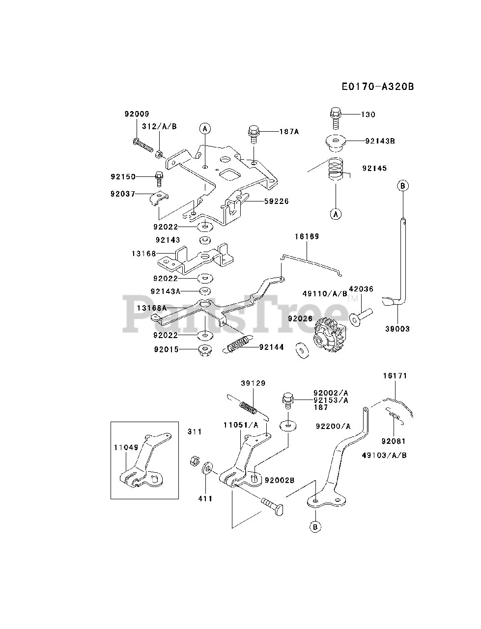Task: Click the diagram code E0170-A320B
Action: [x=377, y=87]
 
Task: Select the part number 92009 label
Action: [x=137, y=114]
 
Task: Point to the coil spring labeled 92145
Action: [x=336, y=170]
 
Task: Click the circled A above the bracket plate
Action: [x=205, y=128]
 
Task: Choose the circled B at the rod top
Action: [x=402, y=186]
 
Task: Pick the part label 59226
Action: [x=277, y=201]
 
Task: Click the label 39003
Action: [x=397, y=329]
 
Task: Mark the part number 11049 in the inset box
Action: [x=124, y=448]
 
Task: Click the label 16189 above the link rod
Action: [x=307, y=236]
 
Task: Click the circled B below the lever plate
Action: [x=315, y=526]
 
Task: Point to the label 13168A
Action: [x=152, y=308]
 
